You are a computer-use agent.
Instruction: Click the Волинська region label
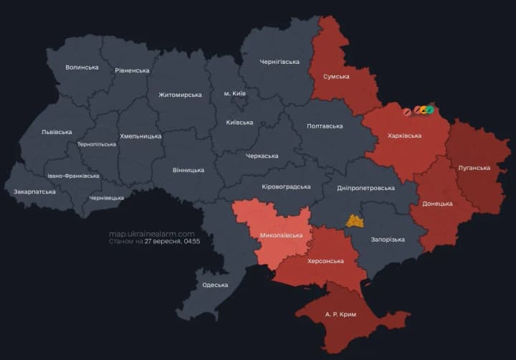[x=82, y=67]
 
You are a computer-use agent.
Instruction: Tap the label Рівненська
[x=132, y=70]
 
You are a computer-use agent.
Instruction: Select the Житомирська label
[x=180, y=95]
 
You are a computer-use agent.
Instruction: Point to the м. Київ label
[x=236, y=94]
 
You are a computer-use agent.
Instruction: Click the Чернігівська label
[x=279, y=62]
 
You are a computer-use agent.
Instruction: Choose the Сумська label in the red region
[x=336, y=76]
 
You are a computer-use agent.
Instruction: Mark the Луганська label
[x=474, y=168]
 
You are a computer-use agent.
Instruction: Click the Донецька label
[x=437, y=204]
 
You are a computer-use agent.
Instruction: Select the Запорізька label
[x=387, y=240]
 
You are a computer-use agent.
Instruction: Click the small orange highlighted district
[x=355, y=221]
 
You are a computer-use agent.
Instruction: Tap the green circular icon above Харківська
[x=429, y=110]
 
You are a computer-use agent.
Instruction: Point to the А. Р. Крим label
[x=340, y=315]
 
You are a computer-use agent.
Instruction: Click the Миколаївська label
[x=281, y=235]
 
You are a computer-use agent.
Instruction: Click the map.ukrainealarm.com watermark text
[x=151, y=234]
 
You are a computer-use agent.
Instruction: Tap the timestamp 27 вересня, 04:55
[x=172, y=242]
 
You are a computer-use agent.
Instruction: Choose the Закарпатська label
[x=34, y=192]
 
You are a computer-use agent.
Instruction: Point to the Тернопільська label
[x=97, y=144]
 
